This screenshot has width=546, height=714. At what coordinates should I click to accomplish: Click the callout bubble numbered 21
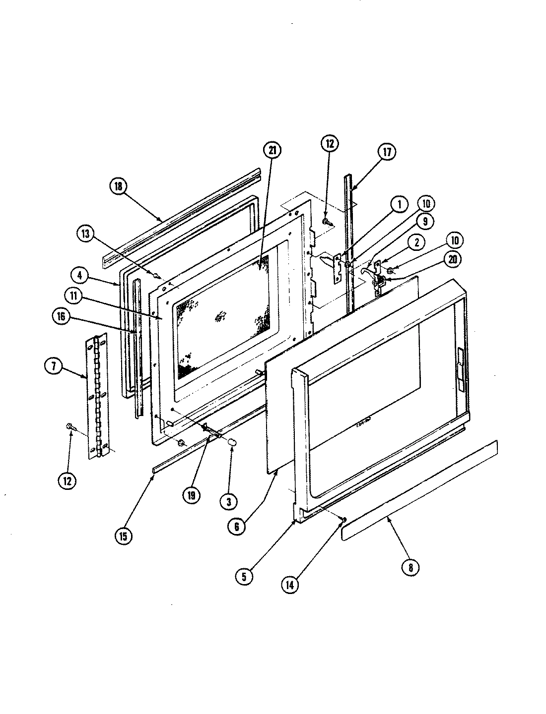pyautogui.click(x=273, y=151)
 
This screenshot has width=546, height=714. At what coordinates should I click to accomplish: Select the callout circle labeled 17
pyautogui.click(x=387, y=152)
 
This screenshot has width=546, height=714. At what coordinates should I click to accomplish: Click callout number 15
pyautogui.click(x=124, y=536)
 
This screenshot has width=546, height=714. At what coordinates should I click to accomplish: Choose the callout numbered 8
pyautogui.click(x=410, y=567)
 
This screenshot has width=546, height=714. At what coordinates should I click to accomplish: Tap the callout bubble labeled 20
pyautogui.click(x=454, y=259)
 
